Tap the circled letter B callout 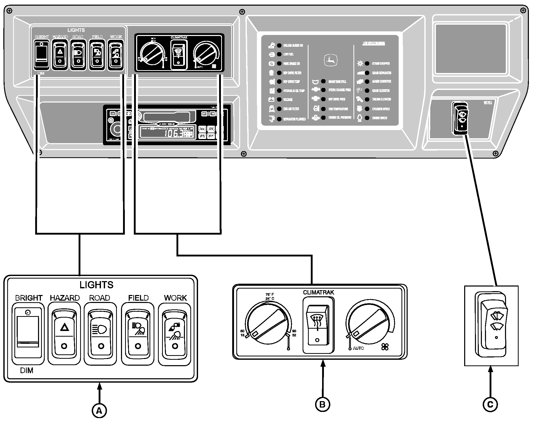322,404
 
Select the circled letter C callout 490,405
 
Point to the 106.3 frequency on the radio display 174,134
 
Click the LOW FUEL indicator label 288,54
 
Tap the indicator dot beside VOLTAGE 279,99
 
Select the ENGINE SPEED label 380,118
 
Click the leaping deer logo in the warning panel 330,61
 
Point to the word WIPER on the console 488,103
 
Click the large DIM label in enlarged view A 27,371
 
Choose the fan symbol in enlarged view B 385,347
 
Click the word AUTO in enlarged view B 358,348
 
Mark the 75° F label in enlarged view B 270,294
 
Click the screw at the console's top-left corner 9,11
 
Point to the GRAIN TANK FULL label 337,82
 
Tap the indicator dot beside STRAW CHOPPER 367,63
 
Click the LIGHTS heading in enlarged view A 96,285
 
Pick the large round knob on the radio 117,129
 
